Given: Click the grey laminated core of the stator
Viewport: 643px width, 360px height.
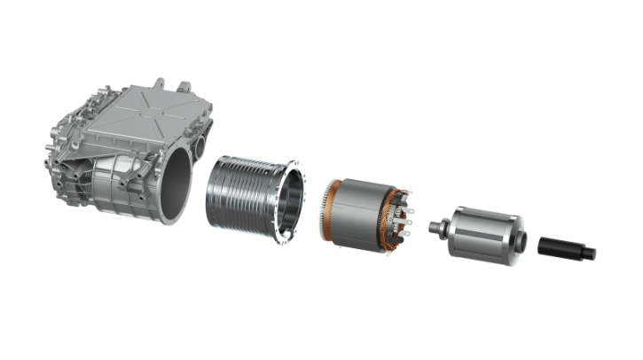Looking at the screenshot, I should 364,208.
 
